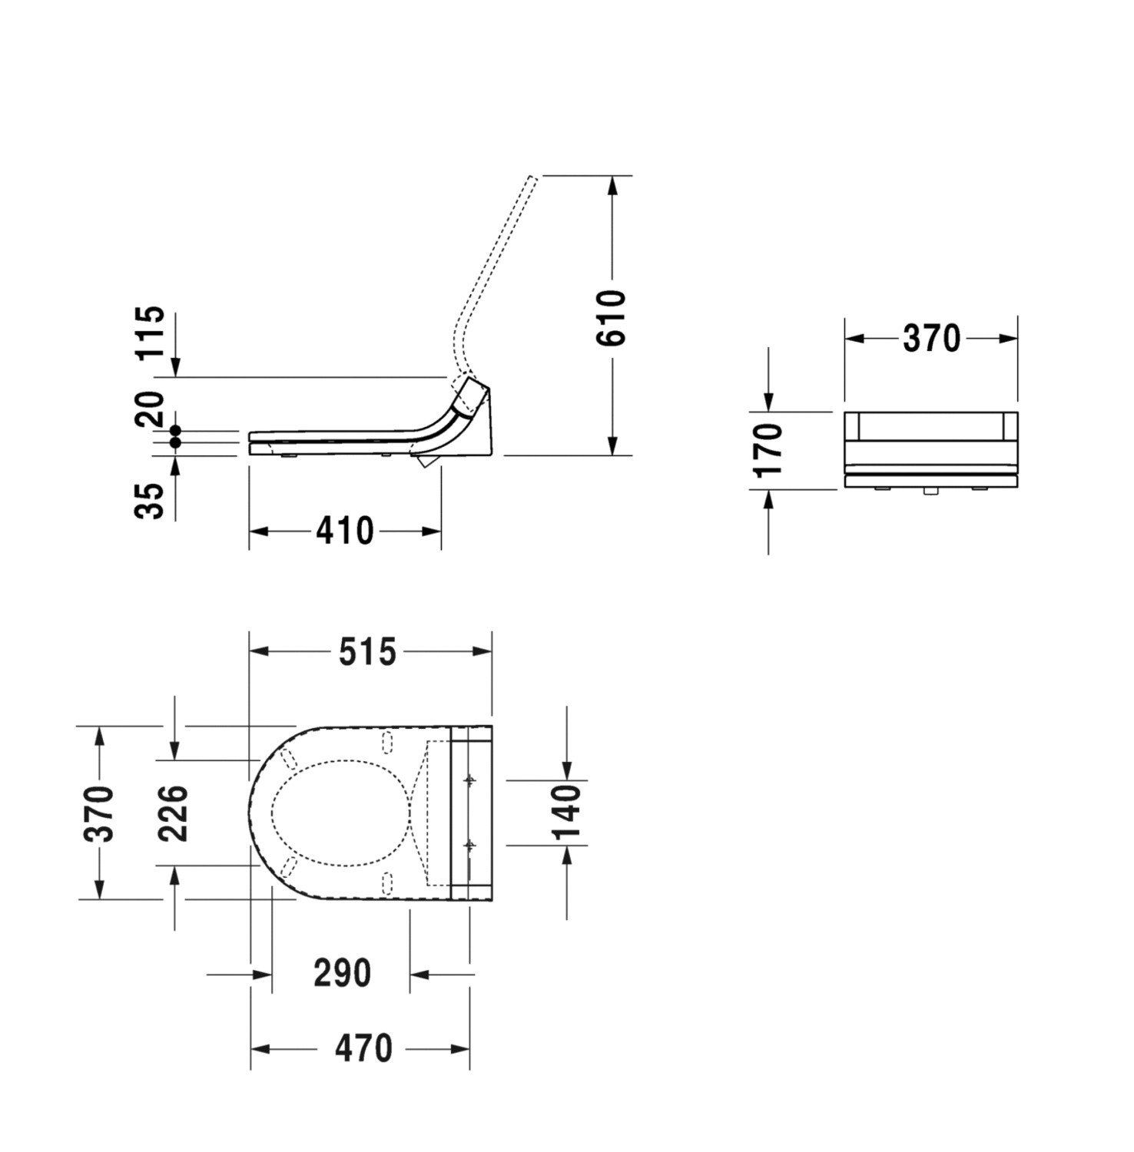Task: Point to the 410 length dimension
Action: [345, 531]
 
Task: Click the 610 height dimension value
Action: [612, 318]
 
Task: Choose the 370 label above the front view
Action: [931, 339]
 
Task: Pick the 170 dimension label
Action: [768, 449]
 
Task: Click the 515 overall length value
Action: [368, 652]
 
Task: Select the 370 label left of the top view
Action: [100, 813]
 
